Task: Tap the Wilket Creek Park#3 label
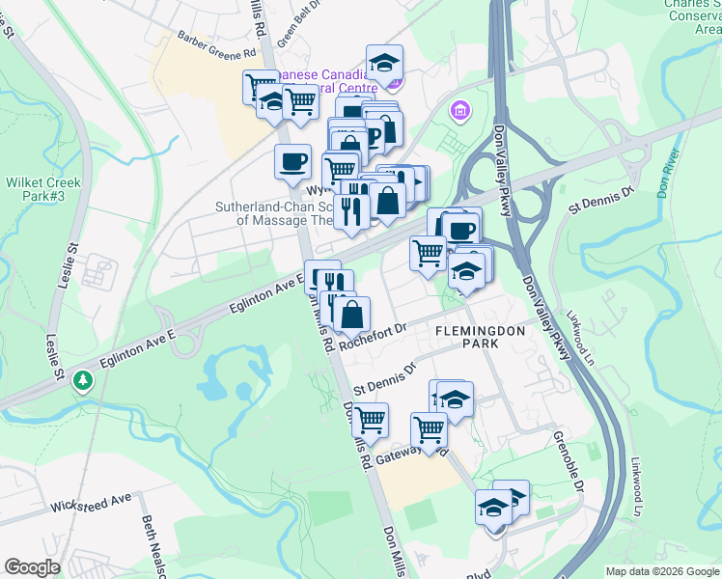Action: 43,189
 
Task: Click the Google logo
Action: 32,567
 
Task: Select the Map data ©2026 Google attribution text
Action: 661,571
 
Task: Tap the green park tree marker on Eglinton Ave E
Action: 84,381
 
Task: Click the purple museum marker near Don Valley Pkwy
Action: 459,112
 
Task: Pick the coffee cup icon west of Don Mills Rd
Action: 292,161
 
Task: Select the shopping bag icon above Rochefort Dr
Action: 351,313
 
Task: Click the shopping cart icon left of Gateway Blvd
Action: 370,420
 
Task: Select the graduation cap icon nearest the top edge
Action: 384,62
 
